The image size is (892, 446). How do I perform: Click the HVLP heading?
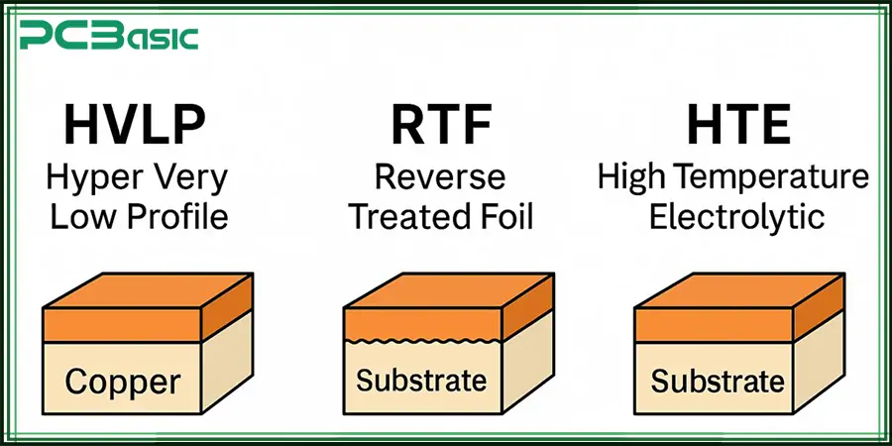[138, 128]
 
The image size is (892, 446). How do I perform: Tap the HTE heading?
[732, 128]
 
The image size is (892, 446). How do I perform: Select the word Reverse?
[439, 178]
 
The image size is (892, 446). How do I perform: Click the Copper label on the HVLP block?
[123, 382]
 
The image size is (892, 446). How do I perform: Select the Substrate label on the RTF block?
[421, 381]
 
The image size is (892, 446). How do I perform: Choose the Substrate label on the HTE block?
[718, 382]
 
